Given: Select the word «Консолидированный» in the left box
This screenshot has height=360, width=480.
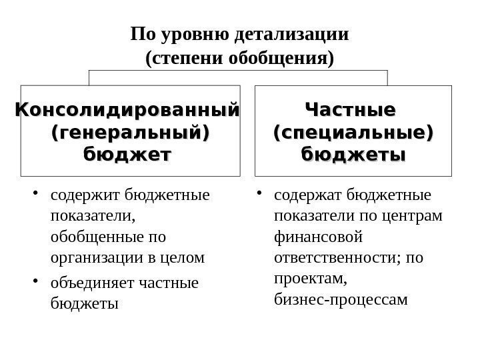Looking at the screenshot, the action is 127,108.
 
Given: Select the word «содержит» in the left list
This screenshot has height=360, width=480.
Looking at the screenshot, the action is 78,196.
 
